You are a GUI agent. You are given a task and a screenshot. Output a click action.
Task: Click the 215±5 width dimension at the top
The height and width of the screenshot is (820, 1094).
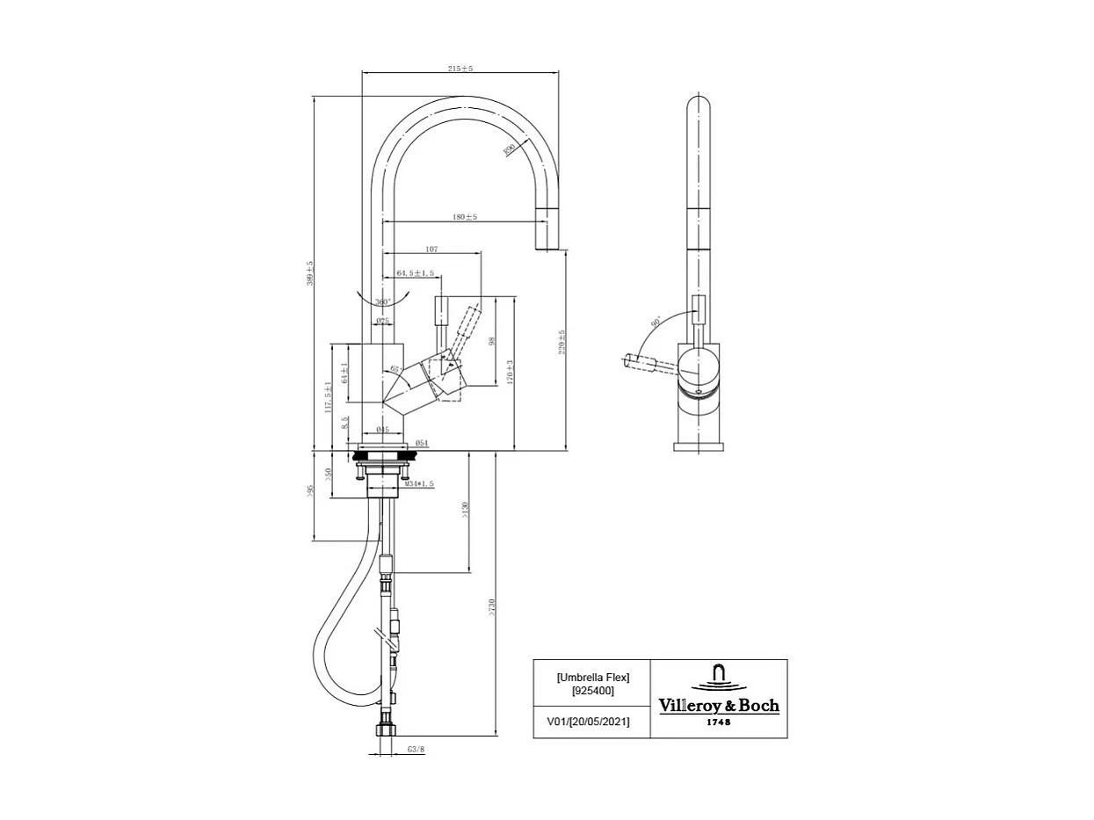[x=460, y=69]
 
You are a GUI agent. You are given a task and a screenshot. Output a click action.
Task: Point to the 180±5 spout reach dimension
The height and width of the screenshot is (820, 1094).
[x=465, y=216]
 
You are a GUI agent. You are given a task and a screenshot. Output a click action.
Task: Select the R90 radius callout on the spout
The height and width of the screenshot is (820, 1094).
[x=509, y=149]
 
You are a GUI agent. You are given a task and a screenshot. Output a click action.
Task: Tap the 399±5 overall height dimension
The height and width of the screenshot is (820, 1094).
[x=309, y=273]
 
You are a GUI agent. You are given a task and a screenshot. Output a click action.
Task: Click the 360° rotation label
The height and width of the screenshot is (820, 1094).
[x=383, y=301]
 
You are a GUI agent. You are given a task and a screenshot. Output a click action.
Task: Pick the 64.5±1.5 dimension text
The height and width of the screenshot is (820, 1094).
[x=415, y=273]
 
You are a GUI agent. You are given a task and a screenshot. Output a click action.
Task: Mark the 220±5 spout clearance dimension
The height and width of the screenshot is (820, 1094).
[x=561, y=342]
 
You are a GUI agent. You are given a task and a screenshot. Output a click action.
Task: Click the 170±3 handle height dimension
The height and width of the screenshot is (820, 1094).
[x=509, y=374]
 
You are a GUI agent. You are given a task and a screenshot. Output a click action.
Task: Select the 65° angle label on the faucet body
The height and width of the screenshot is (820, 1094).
[x=395, y=368]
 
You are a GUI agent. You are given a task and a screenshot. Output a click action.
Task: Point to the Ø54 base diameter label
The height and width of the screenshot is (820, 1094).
[x=421, y=442]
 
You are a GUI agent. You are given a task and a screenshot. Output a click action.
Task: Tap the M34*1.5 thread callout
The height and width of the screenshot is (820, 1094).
[x=419, y=484]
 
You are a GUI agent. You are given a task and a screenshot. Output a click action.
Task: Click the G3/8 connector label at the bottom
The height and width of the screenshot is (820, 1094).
[x=416, y=750]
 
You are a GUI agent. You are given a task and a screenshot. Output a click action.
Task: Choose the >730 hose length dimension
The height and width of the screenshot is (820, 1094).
[x=492, y=606]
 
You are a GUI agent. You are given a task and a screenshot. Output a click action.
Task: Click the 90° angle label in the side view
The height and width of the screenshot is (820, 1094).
[x=656, y=323]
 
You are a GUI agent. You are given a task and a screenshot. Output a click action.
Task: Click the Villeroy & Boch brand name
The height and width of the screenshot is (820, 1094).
[x=719, y=706]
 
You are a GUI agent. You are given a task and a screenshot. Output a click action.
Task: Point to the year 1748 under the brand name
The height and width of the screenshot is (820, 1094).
[x=719, y=722]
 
